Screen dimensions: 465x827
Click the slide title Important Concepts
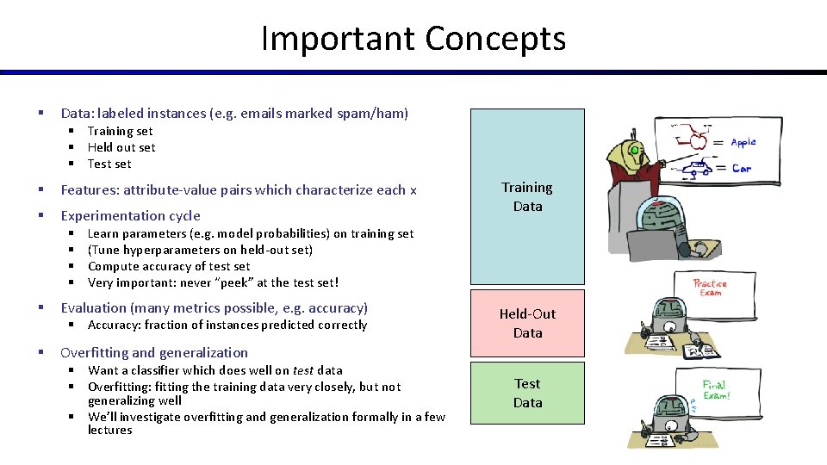click(413, 39)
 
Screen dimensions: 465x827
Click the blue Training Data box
click(527, 196)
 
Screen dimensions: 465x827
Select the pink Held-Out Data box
click(527, 323)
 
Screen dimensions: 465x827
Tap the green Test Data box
click(527, 393)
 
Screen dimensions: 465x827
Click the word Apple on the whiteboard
click(743, 143)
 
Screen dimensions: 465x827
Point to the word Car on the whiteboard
click(742, 168)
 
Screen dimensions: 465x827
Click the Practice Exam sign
click(710, 288)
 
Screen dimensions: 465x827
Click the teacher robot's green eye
click(636, 151)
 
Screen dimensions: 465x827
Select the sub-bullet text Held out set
click(121, 147)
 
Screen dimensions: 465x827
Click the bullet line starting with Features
click(239, 189)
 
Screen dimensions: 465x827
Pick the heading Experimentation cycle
click(130, 215)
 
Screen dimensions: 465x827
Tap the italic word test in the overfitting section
click(302, 370)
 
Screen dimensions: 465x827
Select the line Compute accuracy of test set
click(169, 266)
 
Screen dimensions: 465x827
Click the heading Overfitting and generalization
click(154, 352)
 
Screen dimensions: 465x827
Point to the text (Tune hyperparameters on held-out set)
click(200, 250)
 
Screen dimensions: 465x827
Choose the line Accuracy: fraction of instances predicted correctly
click(227, 325)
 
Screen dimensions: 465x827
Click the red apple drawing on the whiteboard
click(699, 140)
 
